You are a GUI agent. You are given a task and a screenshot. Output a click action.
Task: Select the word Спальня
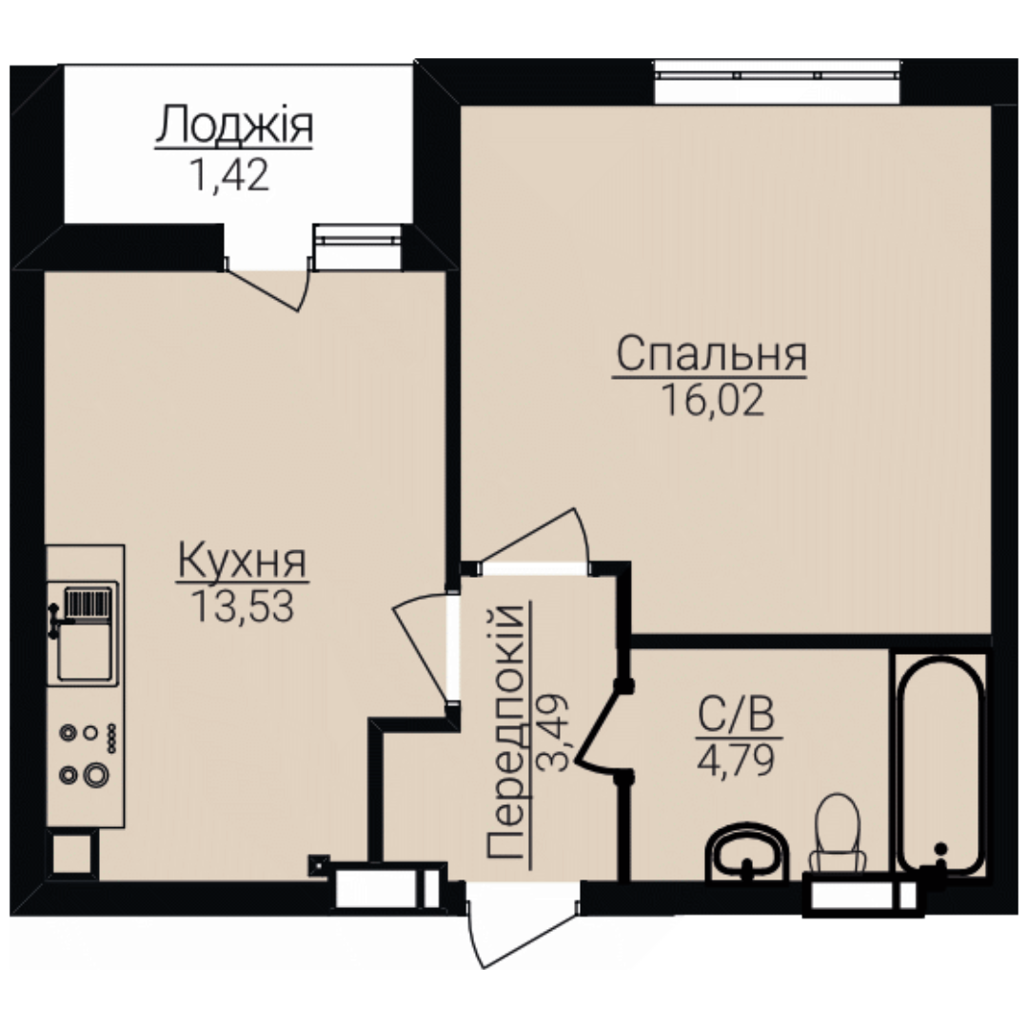tap(711, 354)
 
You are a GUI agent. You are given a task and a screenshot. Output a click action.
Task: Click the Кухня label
tap(243, 562)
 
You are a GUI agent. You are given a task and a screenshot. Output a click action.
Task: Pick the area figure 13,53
tap(242, 606)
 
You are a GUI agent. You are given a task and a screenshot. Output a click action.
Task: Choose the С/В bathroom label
tap(736, 715)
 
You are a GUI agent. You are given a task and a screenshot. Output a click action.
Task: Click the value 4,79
tap(736, 761)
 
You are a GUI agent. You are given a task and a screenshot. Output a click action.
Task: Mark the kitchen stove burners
tap(89, 754)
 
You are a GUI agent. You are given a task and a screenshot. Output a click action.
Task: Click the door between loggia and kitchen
tap(268, 289)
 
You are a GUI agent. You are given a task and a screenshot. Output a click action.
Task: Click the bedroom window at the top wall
tap(777, 81)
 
